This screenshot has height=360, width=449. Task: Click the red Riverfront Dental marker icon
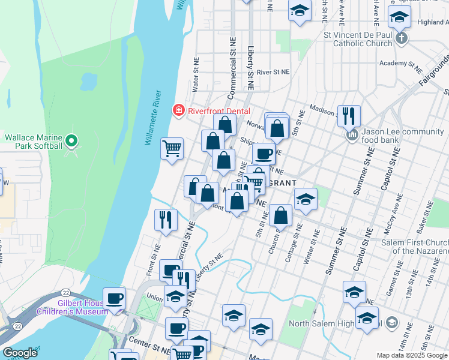click(x=178, y=110)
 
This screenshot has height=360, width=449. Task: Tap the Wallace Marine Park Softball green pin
click(x=71, y=142)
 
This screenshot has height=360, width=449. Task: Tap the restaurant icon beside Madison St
click(x=349, y=115)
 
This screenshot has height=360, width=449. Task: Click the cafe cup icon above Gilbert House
click(x=114, y=298)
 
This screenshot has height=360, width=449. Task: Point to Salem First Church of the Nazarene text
click(x=414, y=247)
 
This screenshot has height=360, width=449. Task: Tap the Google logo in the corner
click(x=19, y=353)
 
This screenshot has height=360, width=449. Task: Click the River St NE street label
click(x=273, y=71)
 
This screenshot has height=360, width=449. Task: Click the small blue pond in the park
click(x=88, y=80)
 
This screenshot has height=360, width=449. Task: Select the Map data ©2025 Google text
click(x=412, y=355)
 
